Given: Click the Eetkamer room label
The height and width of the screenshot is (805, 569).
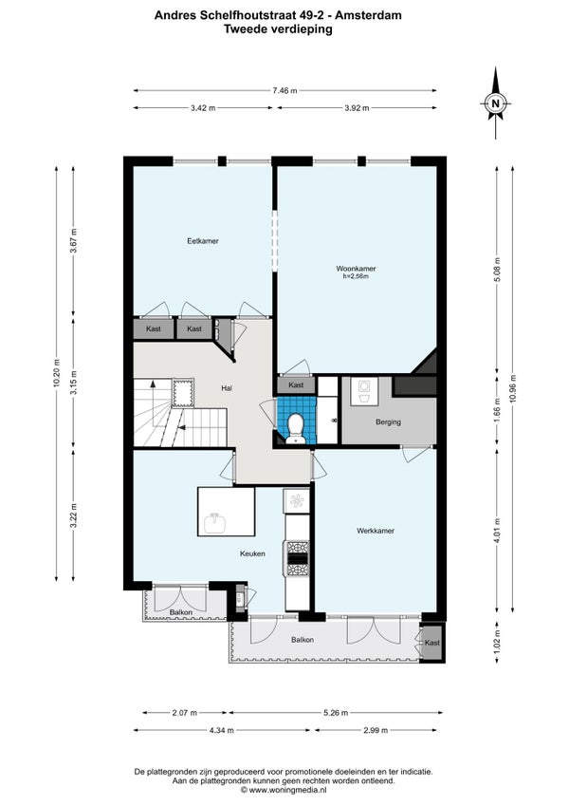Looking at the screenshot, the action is tap(203, 241).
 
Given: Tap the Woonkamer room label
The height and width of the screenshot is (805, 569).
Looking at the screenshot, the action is tap(356, 269).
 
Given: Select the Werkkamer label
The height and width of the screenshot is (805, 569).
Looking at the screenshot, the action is tap(376, 531).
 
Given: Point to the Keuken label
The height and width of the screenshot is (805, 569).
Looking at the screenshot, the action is tap(252, 553).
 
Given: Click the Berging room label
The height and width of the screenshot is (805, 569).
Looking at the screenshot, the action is tap(388, 422).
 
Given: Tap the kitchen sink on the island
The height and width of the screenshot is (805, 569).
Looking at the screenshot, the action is tap(215, 523).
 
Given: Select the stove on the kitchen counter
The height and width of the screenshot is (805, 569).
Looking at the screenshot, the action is tap(298, 558).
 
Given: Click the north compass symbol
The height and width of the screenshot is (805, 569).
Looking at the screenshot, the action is tap(496, 103).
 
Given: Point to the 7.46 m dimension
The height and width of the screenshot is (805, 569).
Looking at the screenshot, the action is tap(284, 90).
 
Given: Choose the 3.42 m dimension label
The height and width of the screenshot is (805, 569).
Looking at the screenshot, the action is tap(203, 108).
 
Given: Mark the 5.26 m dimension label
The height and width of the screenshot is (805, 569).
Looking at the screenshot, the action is tap(336, 713).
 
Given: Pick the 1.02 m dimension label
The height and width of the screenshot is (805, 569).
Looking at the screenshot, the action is tap(497, 642).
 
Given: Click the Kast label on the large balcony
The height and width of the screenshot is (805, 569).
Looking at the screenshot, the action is tap(432, 643).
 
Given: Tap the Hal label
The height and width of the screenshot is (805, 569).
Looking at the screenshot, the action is tap(227, 388).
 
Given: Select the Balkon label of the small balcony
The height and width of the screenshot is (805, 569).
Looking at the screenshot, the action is tap(180, 612).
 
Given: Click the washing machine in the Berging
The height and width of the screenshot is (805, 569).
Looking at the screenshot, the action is tap(365, 392).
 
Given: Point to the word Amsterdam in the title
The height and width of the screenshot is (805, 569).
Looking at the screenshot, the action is tap(368, 15).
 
